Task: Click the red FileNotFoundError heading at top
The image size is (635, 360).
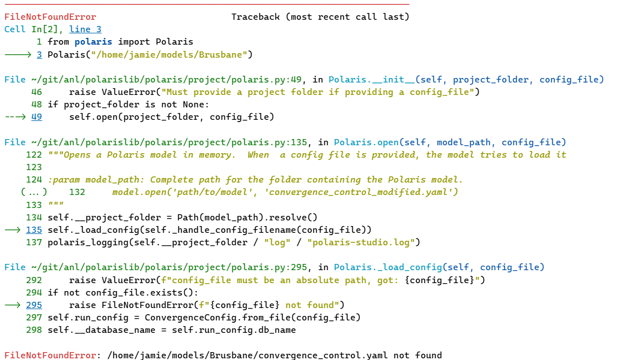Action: point(50,17)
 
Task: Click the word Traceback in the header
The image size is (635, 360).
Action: point(255,17)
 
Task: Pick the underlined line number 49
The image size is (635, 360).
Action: point(37,117)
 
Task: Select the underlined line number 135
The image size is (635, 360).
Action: point(34,229)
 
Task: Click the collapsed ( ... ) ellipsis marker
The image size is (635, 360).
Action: point(34,192)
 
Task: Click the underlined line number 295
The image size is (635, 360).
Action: point(34,305)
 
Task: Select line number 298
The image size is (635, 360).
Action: point(34,330)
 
